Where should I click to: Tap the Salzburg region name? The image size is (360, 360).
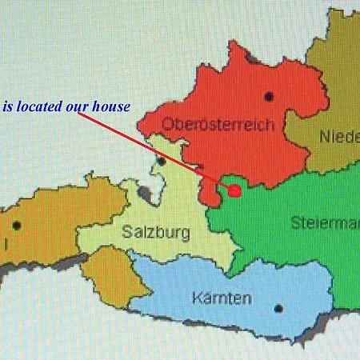(x=157, y=234)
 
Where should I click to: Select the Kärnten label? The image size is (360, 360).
(x=222, y=298)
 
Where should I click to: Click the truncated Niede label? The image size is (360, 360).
(x=339, y=137)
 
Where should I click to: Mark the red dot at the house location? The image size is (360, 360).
(x=234, y=190)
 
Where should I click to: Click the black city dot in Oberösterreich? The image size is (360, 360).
(x=268, y=97)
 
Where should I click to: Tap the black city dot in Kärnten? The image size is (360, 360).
(x=278, y=308)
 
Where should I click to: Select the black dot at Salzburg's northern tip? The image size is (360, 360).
(x=161, y=162)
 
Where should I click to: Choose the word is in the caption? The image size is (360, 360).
(x=8, y=106)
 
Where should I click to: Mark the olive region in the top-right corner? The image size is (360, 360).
(x=336, y=88)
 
